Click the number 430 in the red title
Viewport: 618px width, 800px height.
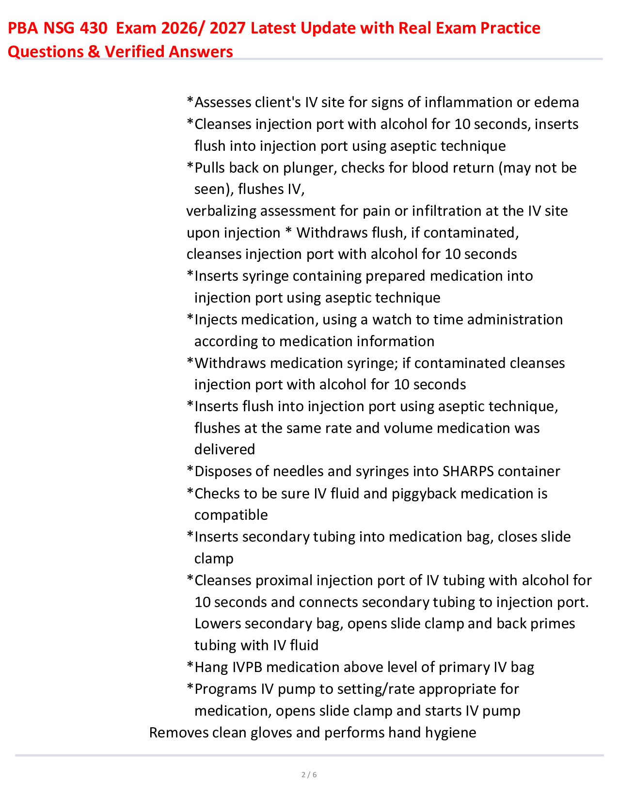[x=92, y=29]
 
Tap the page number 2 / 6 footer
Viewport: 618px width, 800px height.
[x=309, y=775]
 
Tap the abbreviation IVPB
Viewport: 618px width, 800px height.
[x=247, y=667]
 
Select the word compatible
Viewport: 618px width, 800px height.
[x=231, y=515]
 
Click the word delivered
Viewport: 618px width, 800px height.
[x=224, y=449]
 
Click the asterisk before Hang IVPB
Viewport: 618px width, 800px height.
[x=190, y=666]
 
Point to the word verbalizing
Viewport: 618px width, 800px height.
[x=221, y=211]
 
